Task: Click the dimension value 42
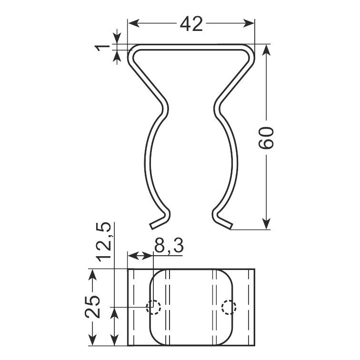[x=191, y=24]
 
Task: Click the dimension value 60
[x=266, y=138]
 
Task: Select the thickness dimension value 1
[x=103, y=48]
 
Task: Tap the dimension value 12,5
[x=104, y=242]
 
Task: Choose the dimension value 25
[x=92, y=307]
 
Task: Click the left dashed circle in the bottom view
[x=153, y=307]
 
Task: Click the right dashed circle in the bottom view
[x=229, y=307]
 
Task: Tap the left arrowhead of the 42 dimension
[x=134, y=23]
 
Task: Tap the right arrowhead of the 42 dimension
[x=249, y=23]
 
